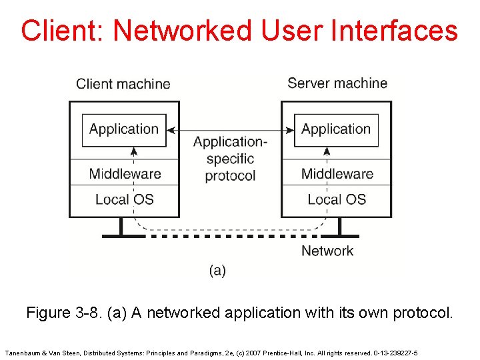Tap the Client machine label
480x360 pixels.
(x=123, y=83)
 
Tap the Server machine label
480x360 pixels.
(x=337, y=83)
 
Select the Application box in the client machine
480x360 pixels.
(x=124, y=129)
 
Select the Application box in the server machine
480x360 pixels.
(x=336, y=129)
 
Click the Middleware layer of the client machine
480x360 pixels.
(x=125, y=173)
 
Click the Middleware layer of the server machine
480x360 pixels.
(x=337, y=173)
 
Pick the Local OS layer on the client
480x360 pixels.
(x=125, y=199)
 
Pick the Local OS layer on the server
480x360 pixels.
(x=337, y=199)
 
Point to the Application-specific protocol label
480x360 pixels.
(x=230, y=159)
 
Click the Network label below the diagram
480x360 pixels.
(x=327, y=251)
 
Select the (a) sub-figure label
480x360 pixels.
(x=217, y=270)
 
